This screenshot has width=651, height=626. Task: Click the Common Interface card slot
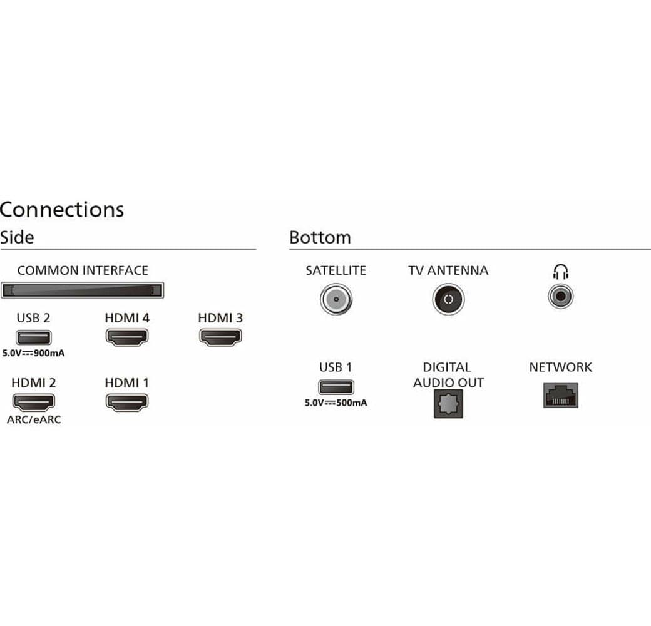point(82,290)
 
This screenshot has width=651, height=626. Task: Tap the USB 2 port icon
point(33,337)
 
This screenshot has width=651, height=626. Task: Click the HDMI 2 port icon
point(33,401)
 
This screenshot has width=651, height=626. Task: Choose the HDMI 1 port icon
point(126,401)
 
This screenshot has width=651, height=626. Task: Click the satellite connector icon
point(336,299)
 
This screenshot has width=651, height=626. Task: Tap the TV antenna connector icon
point(448,299)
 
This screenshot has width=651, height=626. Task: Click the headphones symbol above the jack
point(560,272)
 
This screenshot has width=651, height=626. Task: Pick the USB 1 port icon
point(336,386)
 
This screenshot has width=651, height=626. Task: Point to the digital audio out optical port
point(448,403)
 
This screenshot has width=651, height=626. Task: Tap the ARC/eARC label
point(34,419)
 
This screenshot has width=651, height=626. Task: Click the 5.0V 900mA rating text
point(34,353)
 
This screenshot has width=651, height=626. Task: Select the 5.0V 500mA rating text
point(336,403)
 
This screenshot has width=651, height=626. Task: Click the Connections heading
point(62,209)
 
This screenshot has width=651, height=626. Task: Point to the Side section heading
point(17,237)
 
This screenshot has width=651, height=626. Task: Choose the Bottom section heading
point(320,238)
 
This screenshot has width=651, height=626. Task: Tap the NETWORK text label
point(560,367)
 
